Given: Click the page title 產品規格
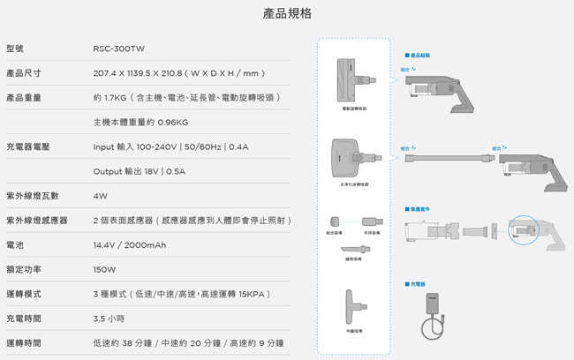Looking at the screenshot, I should (287, 14).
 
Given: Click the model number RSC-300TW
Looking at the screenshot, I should (118, 49).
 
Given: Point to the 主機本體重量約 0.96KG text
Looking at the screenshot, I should (140, 122).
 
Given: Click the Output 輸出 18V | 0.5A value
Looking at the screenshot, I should (140, 171).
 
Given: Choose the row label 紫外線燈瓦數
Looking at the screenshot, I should (32, 195).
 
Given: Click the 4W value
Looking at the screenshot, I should (100, 195).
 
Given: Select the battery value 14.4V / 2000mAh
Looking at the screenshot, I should (129, 244).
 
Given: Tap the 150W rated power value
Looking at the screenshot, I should (104, 268).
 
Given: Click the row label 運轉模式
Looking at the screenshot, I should (24, 293).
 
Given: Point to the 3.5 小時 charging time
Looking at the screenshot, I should (109, 318).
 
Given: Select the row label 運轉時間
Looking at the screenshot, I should (24, 342).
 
